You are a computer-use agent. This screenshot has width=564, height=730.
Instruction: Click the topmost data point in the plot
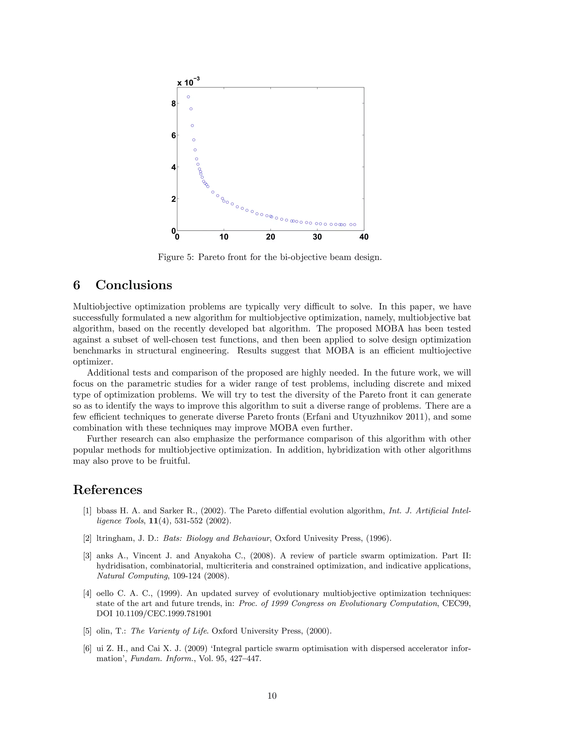(188, 97)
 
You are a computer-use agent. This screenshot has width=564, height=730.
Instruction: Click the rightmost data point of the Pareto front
(354, 225)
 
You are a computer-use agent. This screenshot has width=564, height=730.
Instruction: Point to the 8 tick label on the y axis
(173, 104)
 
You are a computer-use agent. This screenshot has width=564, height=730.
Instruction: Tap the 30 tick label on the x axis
(317, 237)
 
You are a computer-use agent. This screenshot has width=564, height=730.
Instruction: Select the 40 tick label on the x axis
(364, 237)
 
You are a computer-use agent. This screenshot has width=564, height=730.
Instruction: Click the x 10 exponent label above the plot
(188, 82)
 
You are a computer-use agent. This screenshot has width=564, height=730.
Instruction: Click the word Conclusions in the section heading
(134, 285)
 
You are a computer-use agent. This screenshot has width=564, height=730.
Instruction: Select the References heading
(108, 490)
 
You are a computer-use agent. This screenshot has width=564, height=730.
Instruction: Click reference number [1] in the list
(87, 511)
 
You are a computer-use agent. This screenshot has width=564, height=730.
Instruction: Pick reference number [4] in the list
(87, 594)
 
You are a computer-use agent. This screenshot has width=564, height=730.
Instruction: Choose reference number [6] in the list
(87, 648)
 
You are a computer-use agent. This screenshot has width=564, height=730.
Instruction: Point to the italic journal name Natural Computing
(132, 576)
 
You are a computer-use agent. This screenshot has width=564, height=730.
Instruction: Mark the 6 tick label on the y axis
(173, 135)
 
